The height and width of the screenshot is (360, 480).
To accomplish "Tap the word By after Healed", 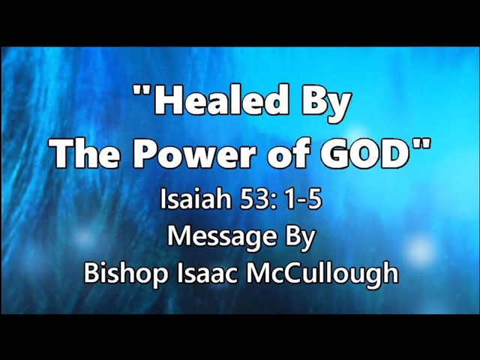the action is (x=326, y=103).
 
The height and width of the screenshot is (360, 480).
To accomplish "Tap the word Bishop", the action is (x=126, y=273).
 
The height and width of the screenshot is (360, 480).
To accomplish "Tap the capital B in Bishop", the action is (x=91, y=272).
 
